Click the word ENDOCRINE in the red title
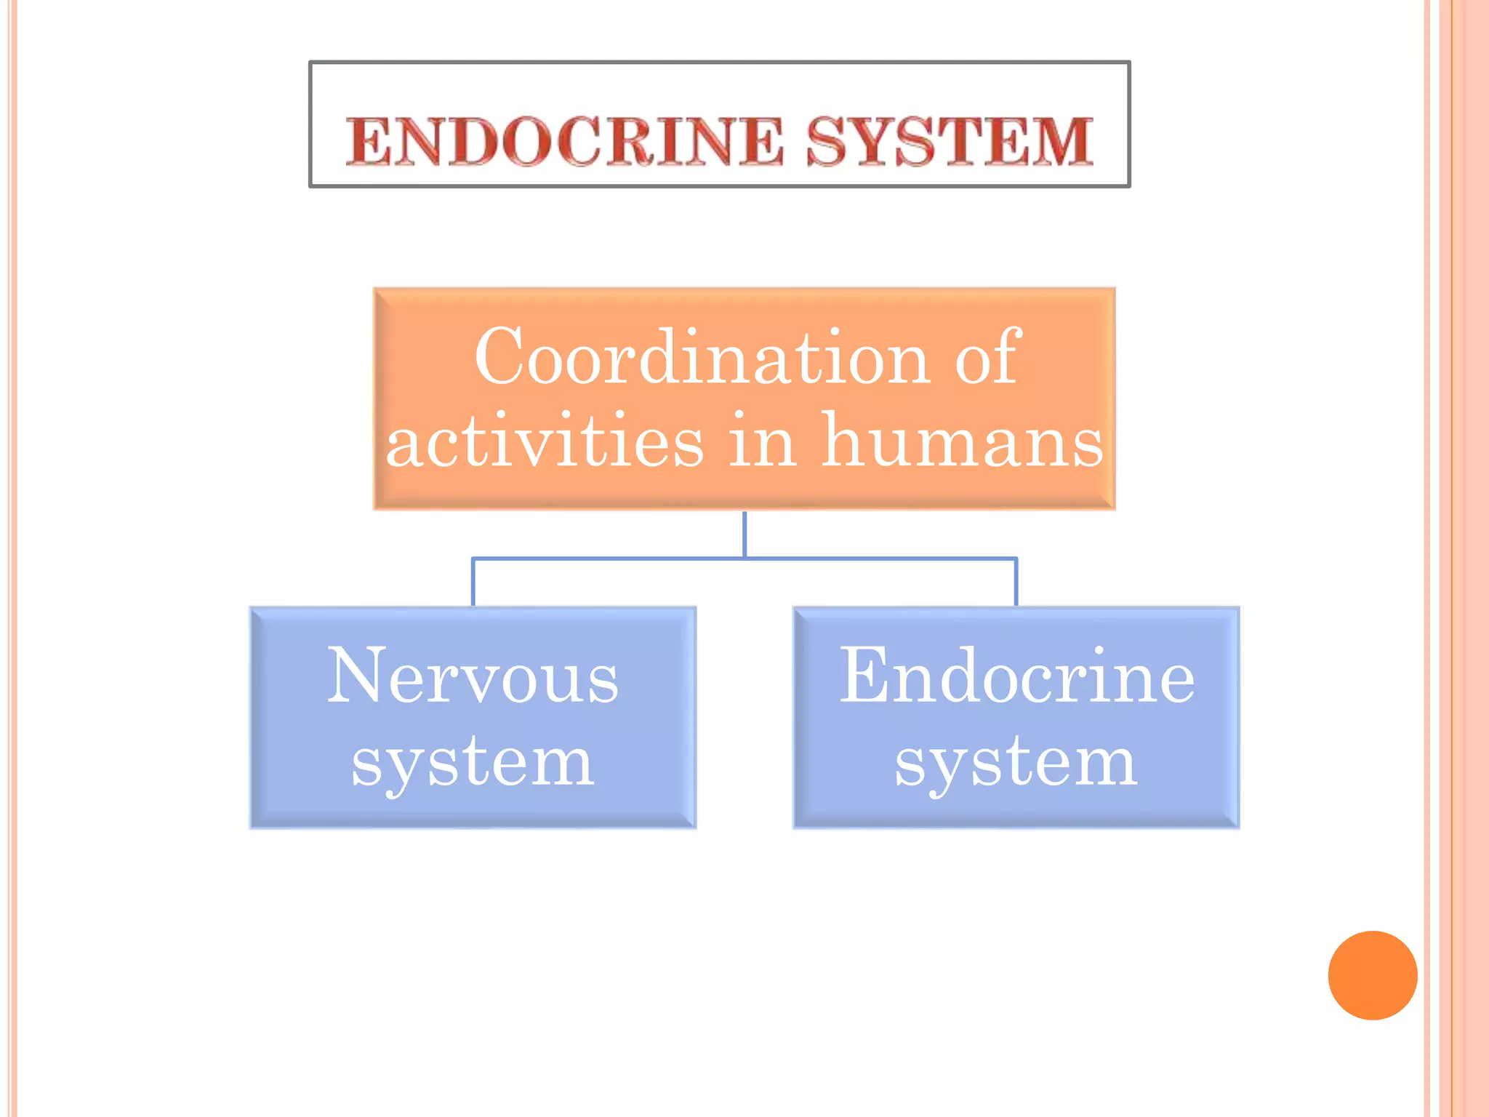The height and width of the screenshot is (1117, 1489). tap(565, 141)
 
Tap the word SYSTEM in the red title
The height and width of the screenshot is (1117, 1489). tap(950, 141)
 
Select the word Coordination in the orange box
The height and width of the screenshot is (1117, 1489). tap(702, 357)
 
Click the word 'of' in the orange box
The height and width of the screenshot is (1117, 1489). tap(988, 357)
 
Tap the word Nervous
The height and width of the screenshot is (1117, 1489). tap(473, 677)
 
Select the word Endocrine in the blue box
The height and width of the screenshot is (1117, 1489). tap(1016, 677)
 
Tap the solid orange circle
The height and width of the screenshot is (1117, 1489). tap(1372, 975)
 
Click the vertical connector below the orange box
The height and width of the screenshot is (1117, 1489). tap(744, 535)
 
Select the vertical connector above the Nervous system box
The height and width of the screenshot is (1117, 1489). tap(473, 582)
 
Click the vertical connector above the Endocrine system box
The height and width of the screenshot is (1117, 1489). tap(1016, 582)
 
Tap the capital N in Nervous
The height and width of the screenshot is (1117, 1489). tap(356, 676)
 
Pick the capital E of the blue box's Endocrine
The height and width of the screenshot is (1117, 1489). tap(863, 676)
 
